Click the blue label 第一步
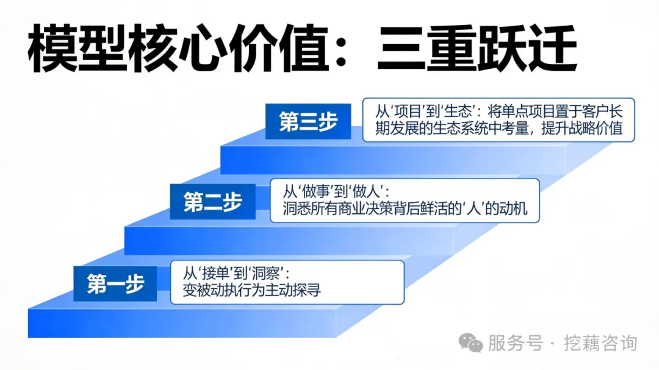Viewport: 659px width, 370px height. [x=115, y=283]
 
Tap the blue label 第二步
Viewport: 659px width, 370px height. [x=212, y=202]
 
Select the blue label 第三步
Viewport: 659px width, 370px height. [x=308, y=121]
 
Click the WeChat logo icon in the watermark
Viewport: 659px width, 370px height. [x=471, y=343]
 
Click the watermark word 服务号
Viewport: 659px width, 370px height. [x=516, y=343]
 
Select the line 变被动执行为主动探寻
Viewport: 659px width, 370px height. [x=252, y=291]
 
